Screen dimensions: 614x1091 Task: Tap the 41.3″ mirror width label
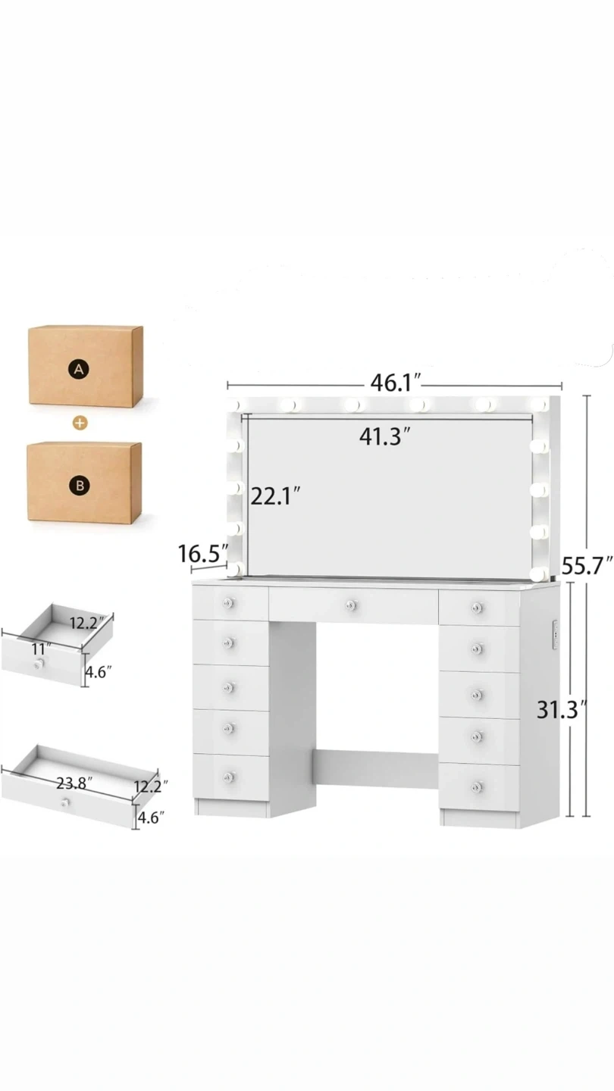[x=384, y=436]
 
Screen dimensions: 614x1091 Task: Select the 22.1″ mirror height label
[x=275, y=497]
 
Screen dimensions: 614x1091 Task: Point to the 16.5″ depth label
[x=203, y=554]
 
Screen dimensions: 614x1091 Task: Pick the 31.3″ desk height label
[x=561, y=710]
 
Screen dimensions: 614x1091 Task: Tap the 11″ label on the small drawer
[x=42, y=649]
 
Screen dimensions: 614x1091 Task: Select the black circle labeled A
[x=79, y=369]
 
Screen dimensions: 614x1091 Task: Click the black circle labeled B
[x=80, y=485]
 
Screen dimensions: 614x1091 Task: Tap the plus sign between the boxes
[x=80, y=423]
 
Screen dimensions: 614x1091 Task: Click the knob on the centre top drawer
[x=351, y=605]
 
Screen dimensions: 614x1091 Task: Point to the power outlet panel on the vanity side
[x=555, y=635]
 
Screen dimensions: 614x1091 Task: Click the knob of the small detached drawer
[x=38, y=664]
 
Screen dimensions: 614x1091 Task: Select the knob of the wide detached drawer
[x=65, y=802]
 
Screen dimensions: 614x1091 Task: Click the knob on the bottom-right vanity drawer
[x=478, y=786]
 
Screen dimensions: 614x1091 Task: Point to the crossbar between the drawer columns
[x=376, y=763]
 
